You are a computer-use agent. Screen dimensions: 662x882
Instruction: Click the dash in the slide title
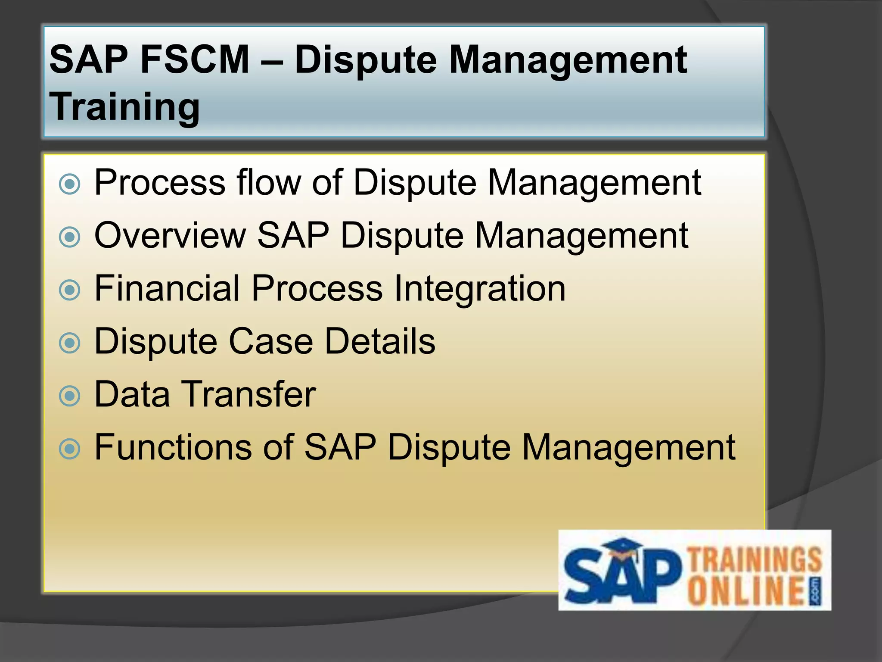point(272,61)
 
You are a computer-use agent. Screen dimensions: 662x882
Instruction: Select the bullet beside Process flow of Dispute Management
point(69,184)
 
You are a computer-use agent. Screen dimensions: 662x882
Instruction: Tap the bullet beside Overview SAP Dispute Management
point(69,237)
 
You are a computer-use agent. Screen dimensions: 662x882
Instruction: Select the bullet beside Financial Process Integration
point(69,290)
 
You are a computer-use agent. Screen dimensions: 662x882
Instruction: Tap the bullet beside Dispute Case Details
point(69,343)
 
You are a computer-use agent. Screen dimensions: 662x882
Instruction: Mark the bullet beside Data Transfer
point(69,396)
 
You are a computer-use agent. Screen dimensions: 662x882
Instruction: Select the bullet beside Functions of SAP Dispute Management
point(69,449)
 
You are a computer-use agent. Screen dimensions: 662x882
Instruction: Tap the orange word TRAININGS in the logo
point(755,560)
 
